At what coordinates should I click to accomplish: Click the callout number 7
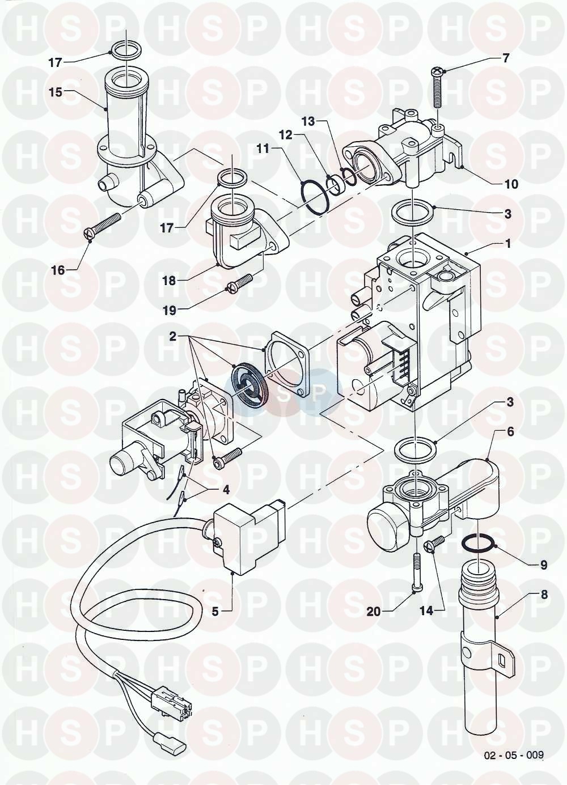coord(506,58)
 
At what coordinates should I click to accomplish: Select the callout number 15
coord(56,92)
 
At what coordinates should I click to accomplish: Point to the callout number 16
coord(58,270)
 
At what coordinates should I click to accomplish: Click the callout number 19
coord(170,311)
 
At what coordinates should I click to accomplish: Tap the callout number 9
coord(544,565)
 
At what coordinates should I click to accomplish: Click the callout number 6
coord(510,432)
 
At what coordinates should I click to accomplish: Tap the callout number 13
coord(308,122)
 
